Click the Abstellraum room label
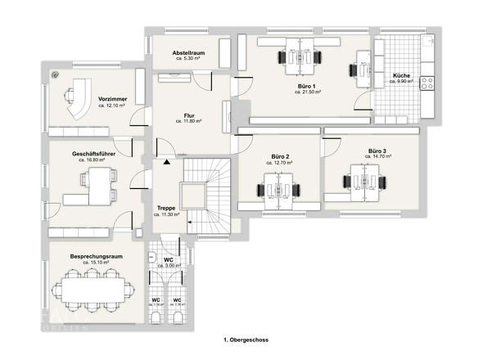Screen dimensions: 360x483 [188, 52]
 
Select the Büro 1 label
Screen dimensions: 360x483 [308, 86]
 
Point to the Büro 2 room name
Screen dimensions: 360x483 [281, 156]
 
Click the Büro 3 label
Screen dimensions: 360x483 [377, 151]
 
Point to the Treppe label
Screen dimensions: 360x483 [165, 208]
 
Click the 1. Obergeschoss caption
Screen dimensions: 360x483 [246, 338]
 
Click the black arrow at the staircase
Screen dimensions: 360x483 [167, 162]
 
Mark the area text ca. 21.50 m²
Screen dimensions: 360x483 [308, 92]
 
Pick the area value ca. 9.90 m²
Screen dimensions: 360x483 [404, 82]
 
